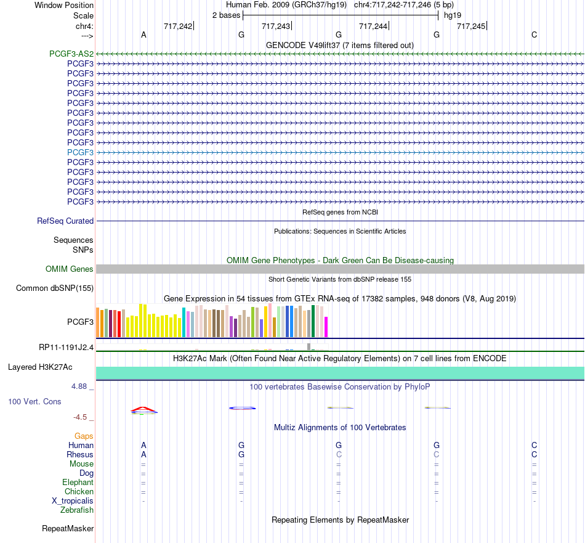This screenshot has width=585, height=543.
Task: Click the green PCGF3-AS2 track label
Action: [71, 54]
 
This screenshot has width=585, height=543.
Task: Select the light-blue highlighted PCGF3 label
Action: [80, 152]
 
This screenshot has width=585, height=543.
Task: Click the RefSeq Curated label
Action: [65, 221]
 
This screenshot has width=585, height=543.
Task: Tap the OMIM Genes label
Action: [70, 269]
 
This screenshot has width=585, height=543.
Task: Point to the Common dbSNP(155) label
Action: [55, 288]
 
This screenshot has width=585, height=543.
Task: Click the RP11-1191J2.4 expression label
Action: [66, 348]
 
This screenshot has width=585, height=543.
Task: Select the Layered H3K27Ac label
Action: [40, 367]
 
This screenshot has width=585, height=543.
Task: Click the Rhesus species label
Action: [80, 454]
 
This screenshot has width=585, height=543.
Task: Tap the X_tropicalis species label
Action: [73, 501]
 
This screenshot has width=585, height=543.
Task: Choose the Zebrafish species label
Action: [77, 510]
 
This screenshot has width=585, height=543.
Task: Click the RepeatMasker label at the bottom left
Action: [68, 528]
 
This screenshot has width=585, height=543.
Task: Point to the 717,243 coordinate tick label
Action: [276, 26]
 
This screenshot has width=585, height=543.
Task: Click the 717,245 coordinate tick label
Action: [471, 26]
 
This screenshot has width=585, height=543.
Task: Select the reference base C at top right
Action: [535, 35]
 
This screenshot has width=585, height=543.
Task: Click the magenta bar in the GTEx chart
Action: [326, 327]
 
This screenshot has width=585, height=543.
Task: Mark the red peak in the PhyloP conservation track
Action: [143, 408]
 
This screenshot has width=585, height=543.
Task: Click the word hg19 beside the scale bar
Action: [453, 15]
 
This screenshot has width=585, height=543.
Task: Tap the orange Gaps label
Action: [84, 436]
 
